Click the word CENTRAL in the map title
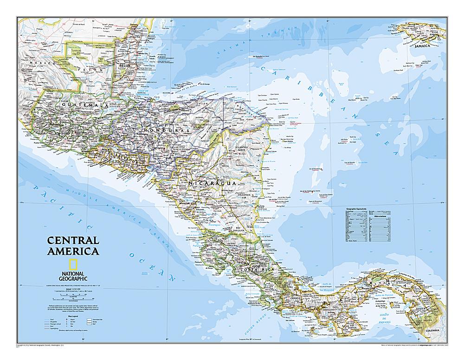72,241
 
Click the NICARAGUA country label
212,184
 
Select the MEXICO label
39,62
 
